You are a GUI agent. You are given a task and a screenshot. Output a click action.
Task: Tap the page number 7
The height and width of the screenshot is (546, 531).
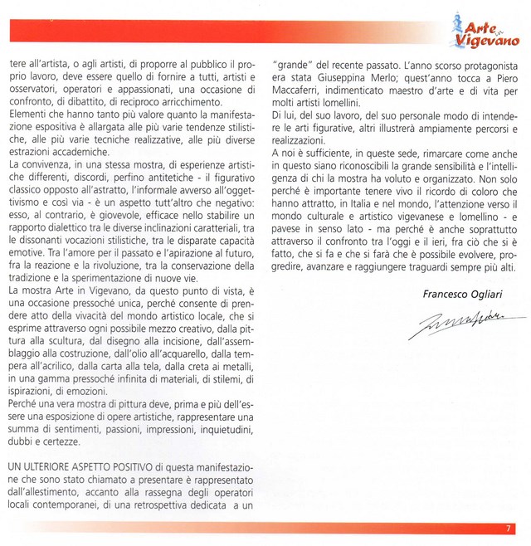point(509,528)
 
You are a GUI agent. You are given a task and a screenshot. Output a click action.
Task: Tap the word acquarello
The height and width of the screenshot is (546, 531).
point(198,329)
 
